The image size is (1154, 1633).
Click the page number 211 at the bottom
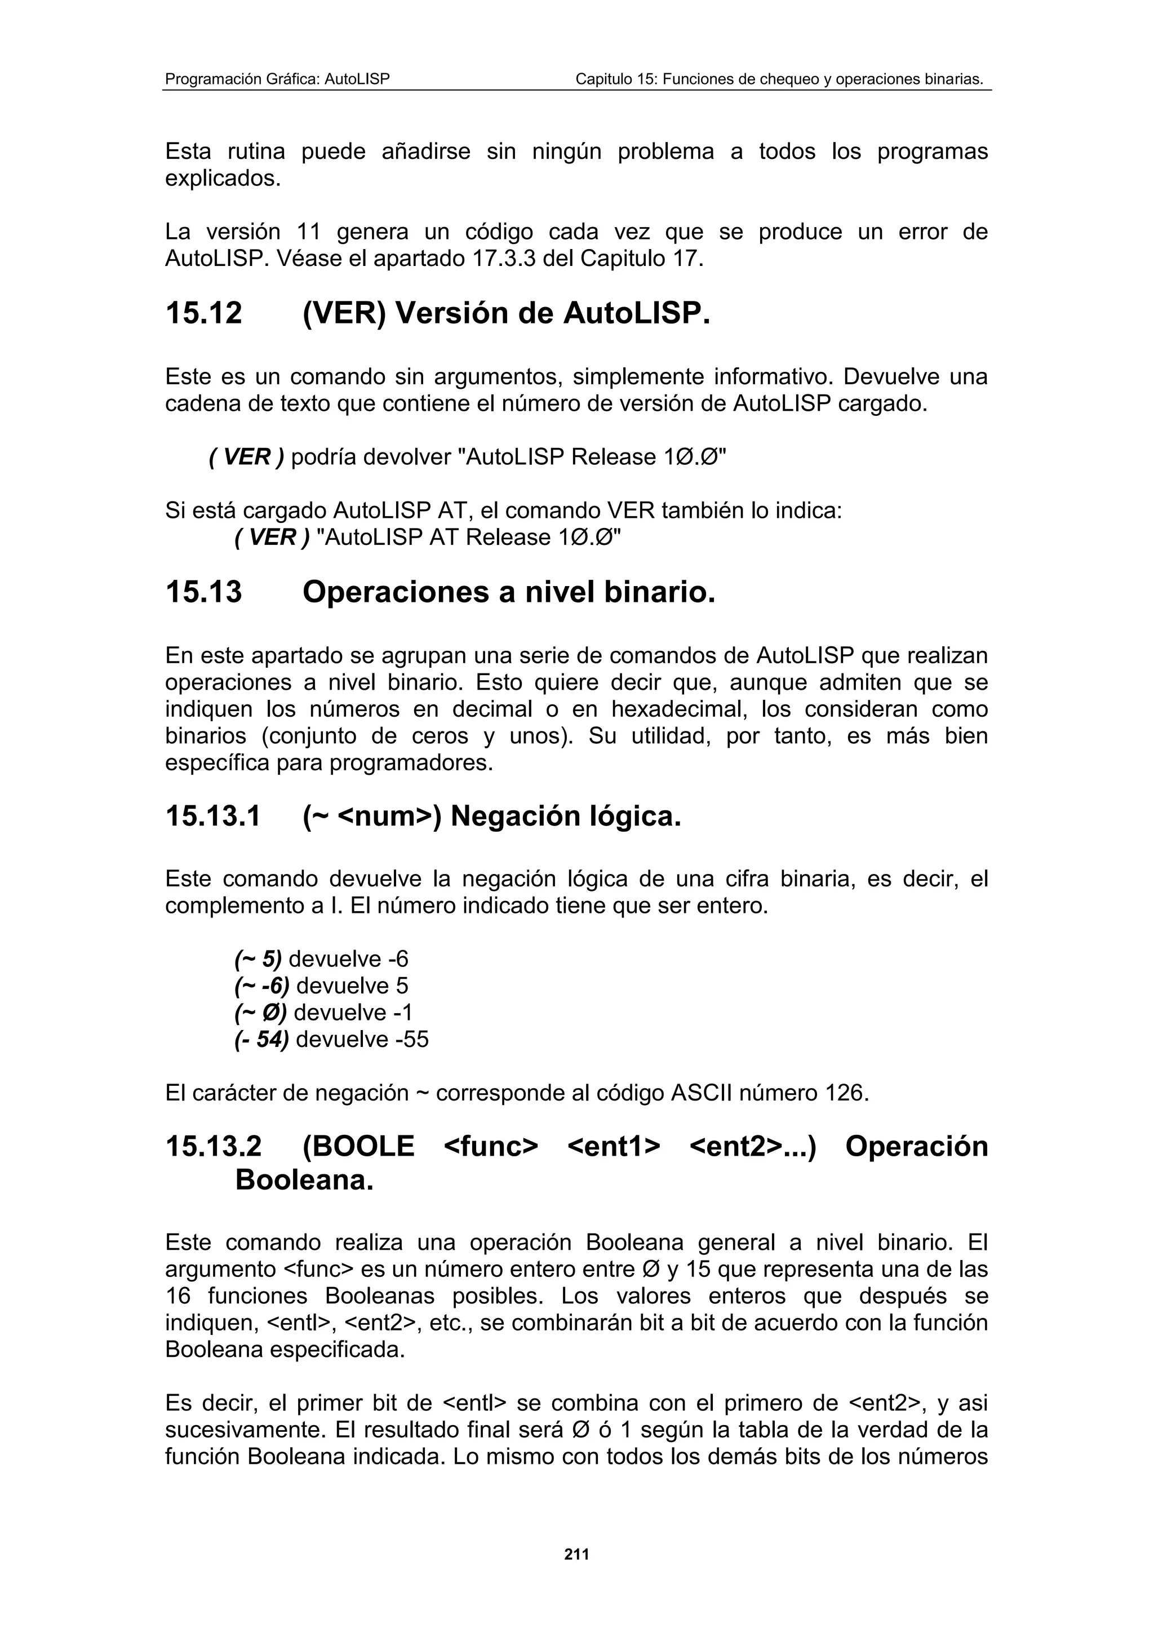[x=576, y=1554]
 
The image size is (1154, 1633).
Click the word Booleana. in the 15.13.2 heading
[x=304, y=1180]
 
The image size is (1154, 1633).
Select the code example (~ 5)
[x=258, y=960]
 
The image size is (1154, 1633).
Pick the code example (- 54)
[x=261, y=1039]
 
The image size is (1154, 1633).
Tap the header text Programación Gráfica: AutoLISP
[x=277, y=79]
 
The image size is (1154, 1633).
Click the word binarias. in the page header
[x=953, y=79]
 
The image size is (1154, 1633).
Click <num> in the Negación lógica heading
[x=383, y=816]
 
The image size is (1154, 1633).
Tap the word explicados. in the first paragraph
[x=223, y=179]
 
